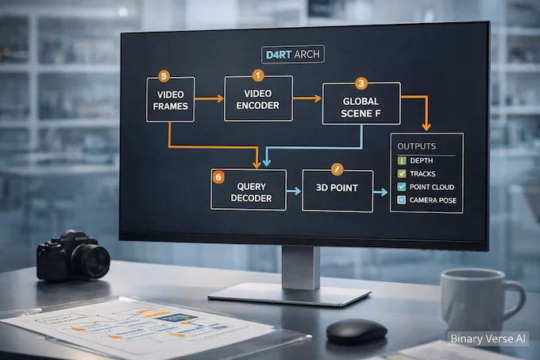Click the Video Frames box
point(171,99)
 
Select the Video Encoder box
point(258,99)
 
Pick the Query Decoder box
point(249,190)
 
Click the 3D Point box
point(337,191)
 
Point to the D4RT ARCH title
point(292,55)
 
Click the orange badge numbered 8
point(164,77)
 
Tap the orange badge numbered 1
point(256,76)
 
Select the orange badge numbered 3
point(361,83)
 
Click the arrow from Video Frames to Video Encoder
point(210,99)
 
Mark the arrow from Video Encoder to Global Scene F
point(307,99)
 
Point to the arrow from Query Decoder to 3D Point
point(294,191)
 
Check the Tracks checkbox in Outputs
point(402,173)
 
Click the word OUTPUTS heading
point(417,146)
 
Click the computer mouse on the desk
point(357,330)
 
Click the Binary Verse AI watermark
point(488,339)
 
